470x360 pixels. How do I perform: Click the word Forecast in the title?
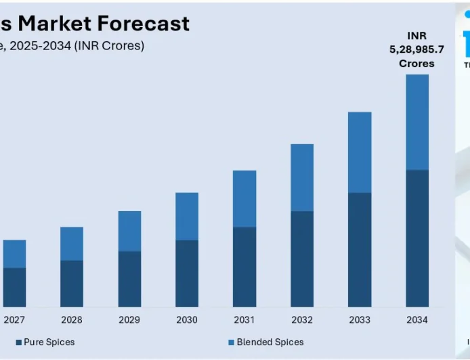143,24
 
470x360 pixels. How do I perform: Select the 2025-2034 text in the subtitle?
37,46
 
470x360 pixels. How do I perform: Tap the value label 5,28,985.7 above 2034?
416,49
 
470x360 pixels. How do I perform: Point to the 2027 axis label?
14,320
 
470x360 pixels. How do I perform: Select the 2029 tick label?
129,320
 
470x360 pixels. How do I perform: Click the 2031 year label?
244,320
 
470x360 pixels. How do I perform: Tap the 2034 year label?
417,320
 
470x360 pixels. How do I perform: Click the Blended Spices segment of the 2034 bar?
417,122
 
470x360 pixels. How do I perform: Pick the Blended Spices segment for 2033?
360,152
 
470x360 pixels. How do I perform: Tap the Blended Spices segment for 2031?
244,198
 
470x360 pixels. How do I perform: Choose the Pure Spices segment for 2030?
187,273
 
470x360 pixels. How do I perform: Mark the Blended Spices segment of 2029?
129,231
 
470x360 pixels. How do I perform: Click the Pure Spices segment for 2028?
72,284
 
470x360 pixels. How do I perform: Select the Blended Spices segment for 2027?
14,254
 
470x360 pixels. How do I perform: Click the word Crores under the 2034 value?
416,64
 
